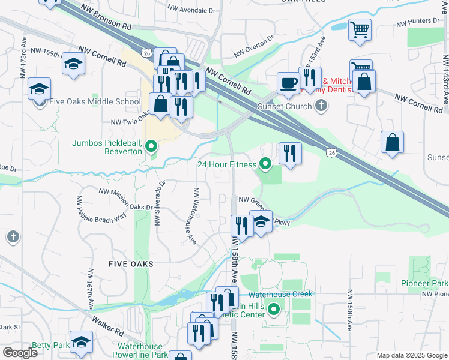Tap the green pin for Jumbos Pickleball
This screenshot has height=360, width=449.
click(x=151, y=146)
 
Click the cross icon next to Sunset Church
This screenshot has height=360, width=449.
click(x=321, y=106)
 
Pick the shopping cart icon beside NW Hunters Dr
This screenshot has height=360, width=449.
click(x=360, y=29)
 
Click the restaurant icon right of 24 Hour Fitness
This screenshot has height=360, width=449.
click(x=290, y=153)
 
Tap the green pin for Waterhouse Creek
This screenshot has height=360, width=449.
click(x=274, y=310)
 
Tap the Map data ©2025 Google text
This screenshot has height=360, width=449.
click(x=411, y=355)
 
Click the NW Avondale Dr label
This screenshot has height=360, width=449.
click(x=191, y=10)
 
